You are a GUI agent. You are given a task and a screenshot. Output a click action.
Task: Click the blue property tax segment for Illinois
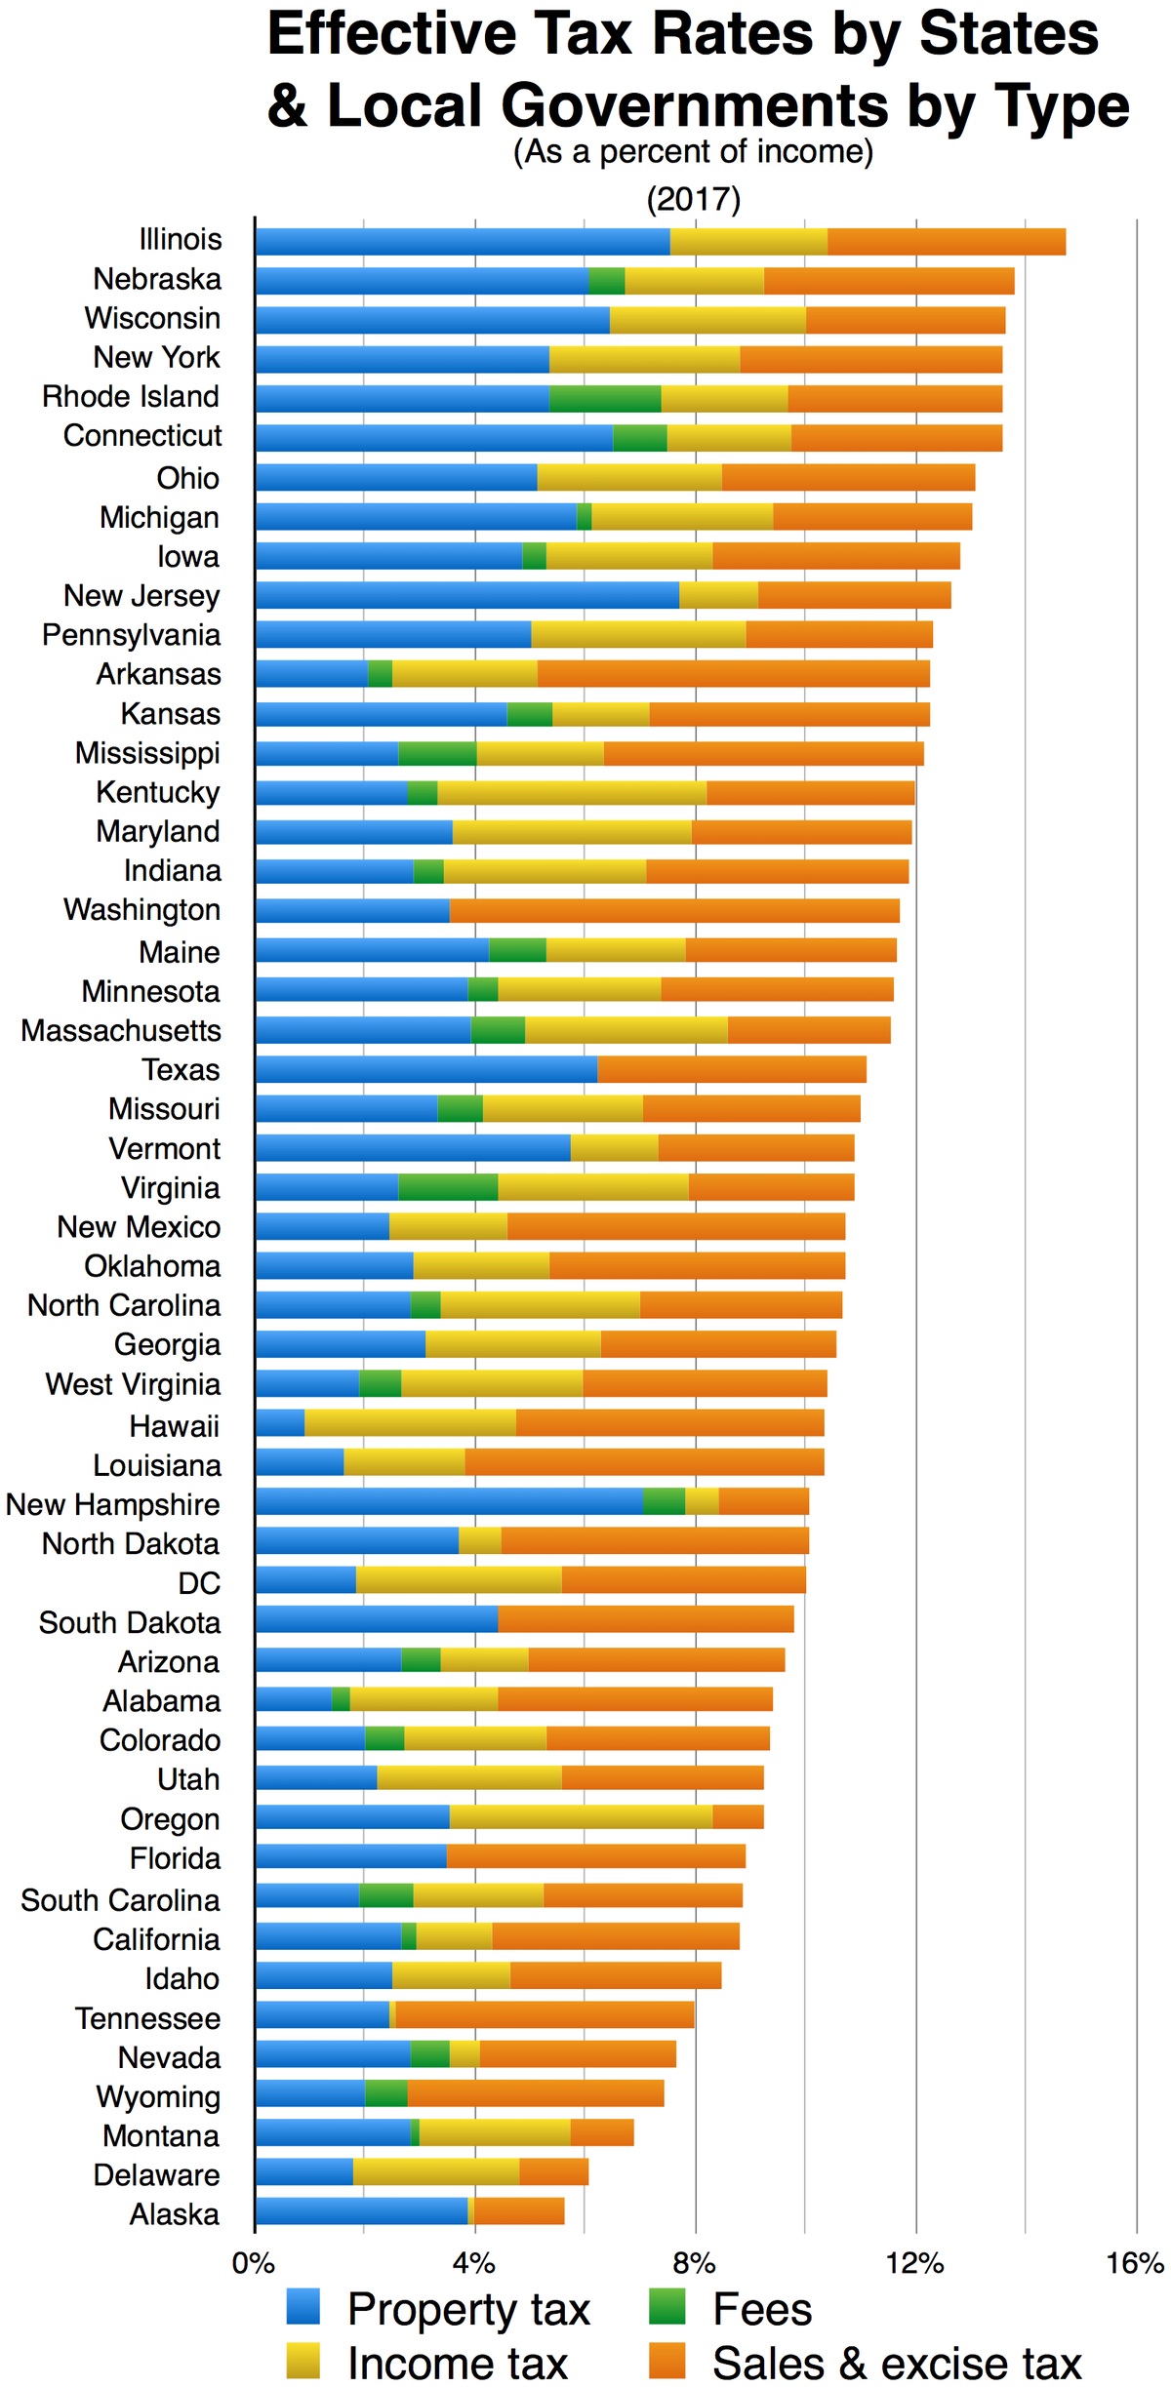point(462,241)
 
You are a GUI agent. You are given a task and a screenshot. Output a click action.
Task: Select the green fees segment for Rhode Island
point(605,398)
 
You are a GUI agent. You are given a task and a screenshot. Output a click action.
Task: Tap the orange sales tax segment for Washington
point(673,910)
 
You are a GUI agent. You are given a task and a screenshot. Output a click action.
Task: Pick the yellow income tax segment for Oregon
point(581,1817)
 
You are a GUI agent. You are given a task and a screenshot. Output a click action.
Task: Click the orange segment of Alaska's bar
point(519,2210)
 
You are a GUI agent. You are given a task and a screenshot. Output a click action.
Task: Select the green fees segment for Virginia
point(448,1187)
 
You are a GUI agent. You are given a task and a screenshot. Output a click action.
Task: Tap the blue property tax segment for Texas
point(425,1069)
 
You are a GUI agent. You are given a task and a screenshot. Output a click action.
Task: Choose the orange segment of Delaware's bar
point(553,2171)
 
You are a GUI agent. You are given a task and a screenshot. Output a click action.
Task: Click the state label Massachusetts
point(121,1030)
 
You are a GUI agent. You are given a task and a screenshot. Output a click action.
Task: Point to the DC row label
point(199,1582)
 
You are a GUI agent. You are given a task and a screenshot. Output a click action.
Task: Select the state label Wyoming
point(158,2096)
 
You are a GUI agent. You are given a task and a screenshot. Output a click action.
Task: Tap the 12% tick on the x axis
point(915,2262)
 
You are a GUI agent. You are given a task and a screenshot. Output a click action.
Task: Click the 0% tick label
point(254,2262)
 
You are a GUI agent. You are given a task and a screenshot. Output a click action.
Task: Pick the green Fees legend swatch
point(667,2308)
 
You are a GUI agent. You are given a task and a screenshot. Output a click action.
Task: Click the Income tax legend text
point(457,2363)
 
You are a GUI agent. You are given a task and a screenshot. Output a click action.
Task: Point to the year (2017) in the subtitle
point(694,200)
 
